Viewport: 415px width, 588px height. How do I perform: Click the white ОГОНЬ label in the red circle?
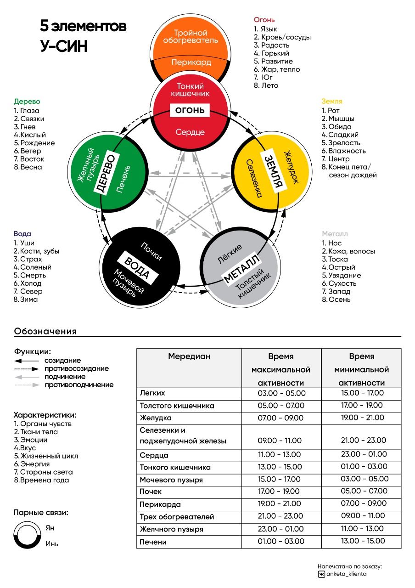(190, 110)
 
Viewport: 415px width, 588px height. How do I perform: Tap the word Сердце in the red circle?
(190, 132)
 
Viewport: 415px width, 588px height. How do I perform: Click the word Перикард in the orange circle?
(191, 62)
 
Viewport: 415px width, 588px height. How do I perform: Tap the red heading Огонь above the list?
(264, 20)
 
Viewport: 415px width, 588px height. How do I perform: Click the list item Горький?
(275, 53)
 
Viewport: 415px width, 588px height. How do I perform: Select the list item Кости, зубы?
(39, 251)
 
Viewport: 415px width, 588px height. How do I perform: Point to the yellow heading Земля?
(332, 101)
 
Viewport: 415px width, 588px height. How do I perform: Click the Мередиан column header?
(189, 356)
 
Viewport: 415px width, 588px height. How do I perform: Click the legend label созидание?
(62, 361)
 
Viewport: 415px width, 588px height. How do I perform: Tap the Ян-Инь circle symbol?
(28, 536)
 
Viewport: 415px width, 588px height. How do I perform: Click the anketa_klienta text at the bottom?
(346, 574)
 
